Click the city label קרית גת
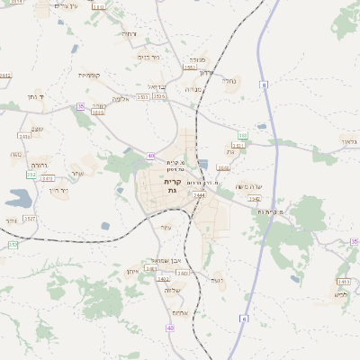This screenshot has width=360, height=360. coord(173,186)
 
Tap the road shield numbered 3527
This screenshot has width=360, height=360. coord(29,218)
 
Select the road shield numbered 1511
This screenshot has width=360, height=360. coord(238,145)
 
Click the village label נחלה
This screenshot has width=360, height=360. coord(229,80)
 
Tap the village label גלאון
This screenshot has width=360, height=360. coord(349,141)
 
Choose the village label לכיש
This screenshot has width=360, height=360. coord(340,294)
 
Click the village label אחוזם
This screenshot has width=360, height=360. coord(179,312)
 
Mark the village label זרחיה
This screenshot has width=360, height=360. coord(129,34)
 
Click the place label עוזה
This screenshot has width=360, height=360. coord(165,226)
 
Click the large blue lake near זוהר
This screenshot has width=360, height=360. coord(18,198)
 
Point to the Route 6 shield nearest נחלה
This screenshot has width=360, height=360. coord(265,85)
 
